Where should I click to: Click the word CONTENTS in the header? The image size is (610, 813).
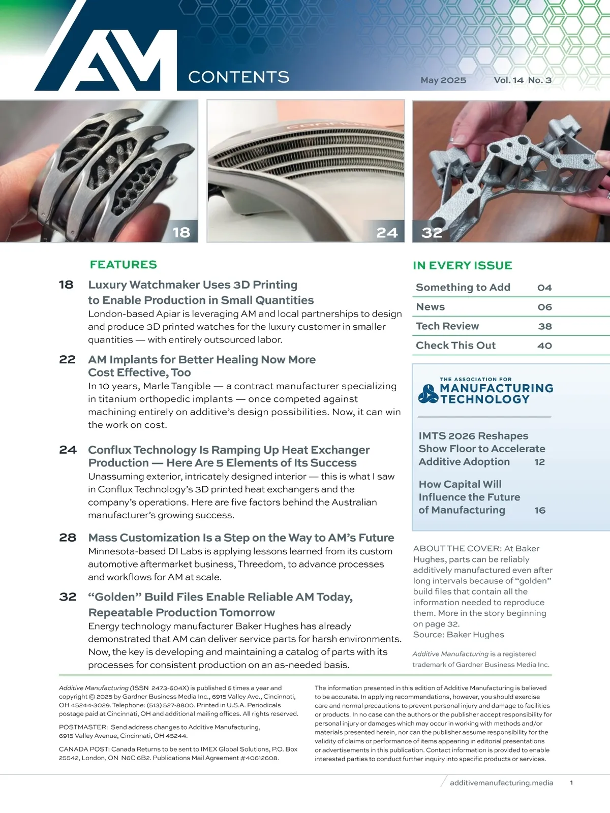tap(238, 77)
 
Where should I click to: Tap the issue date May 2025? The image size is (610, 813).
tap(443, 80)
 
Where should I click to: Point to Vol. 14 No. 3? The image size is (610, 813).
tap(523, 80)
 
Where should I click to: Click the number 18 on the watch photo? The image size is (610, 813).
tap(181, 233)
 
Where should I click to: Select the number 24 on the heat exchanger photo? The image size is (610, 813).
tap(387, 233)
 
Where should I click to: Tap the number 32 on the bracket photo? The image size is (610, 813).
tap(432, 233)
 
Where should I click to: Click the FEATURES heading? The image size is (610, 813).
tap(123, 265)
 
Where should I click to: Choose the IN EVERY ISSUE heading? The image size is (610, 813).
tap(463, 266)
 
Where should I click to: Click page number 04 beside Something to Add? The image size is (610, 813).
tap(544, 288)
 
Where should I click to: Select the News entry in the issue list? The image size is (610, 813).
tap(430, 307)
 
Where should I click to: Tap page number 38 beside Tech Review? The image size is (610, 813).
tap(545, 326)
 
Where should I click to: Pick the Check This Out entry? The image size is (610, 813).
tap(455, 346)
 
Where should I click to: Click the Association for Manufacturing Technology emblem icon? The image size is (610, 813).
tap(428, 394)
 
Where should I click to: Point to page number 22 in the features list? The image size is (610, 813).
tap(67, 360)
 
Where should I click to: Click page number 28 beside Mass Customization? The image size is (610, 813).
tap(68, 538)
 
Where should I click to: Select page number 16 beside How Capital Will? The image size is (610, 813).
tap(540, 510)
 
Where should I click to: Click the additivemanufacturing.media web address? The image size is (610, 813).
tap(501, 783)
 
